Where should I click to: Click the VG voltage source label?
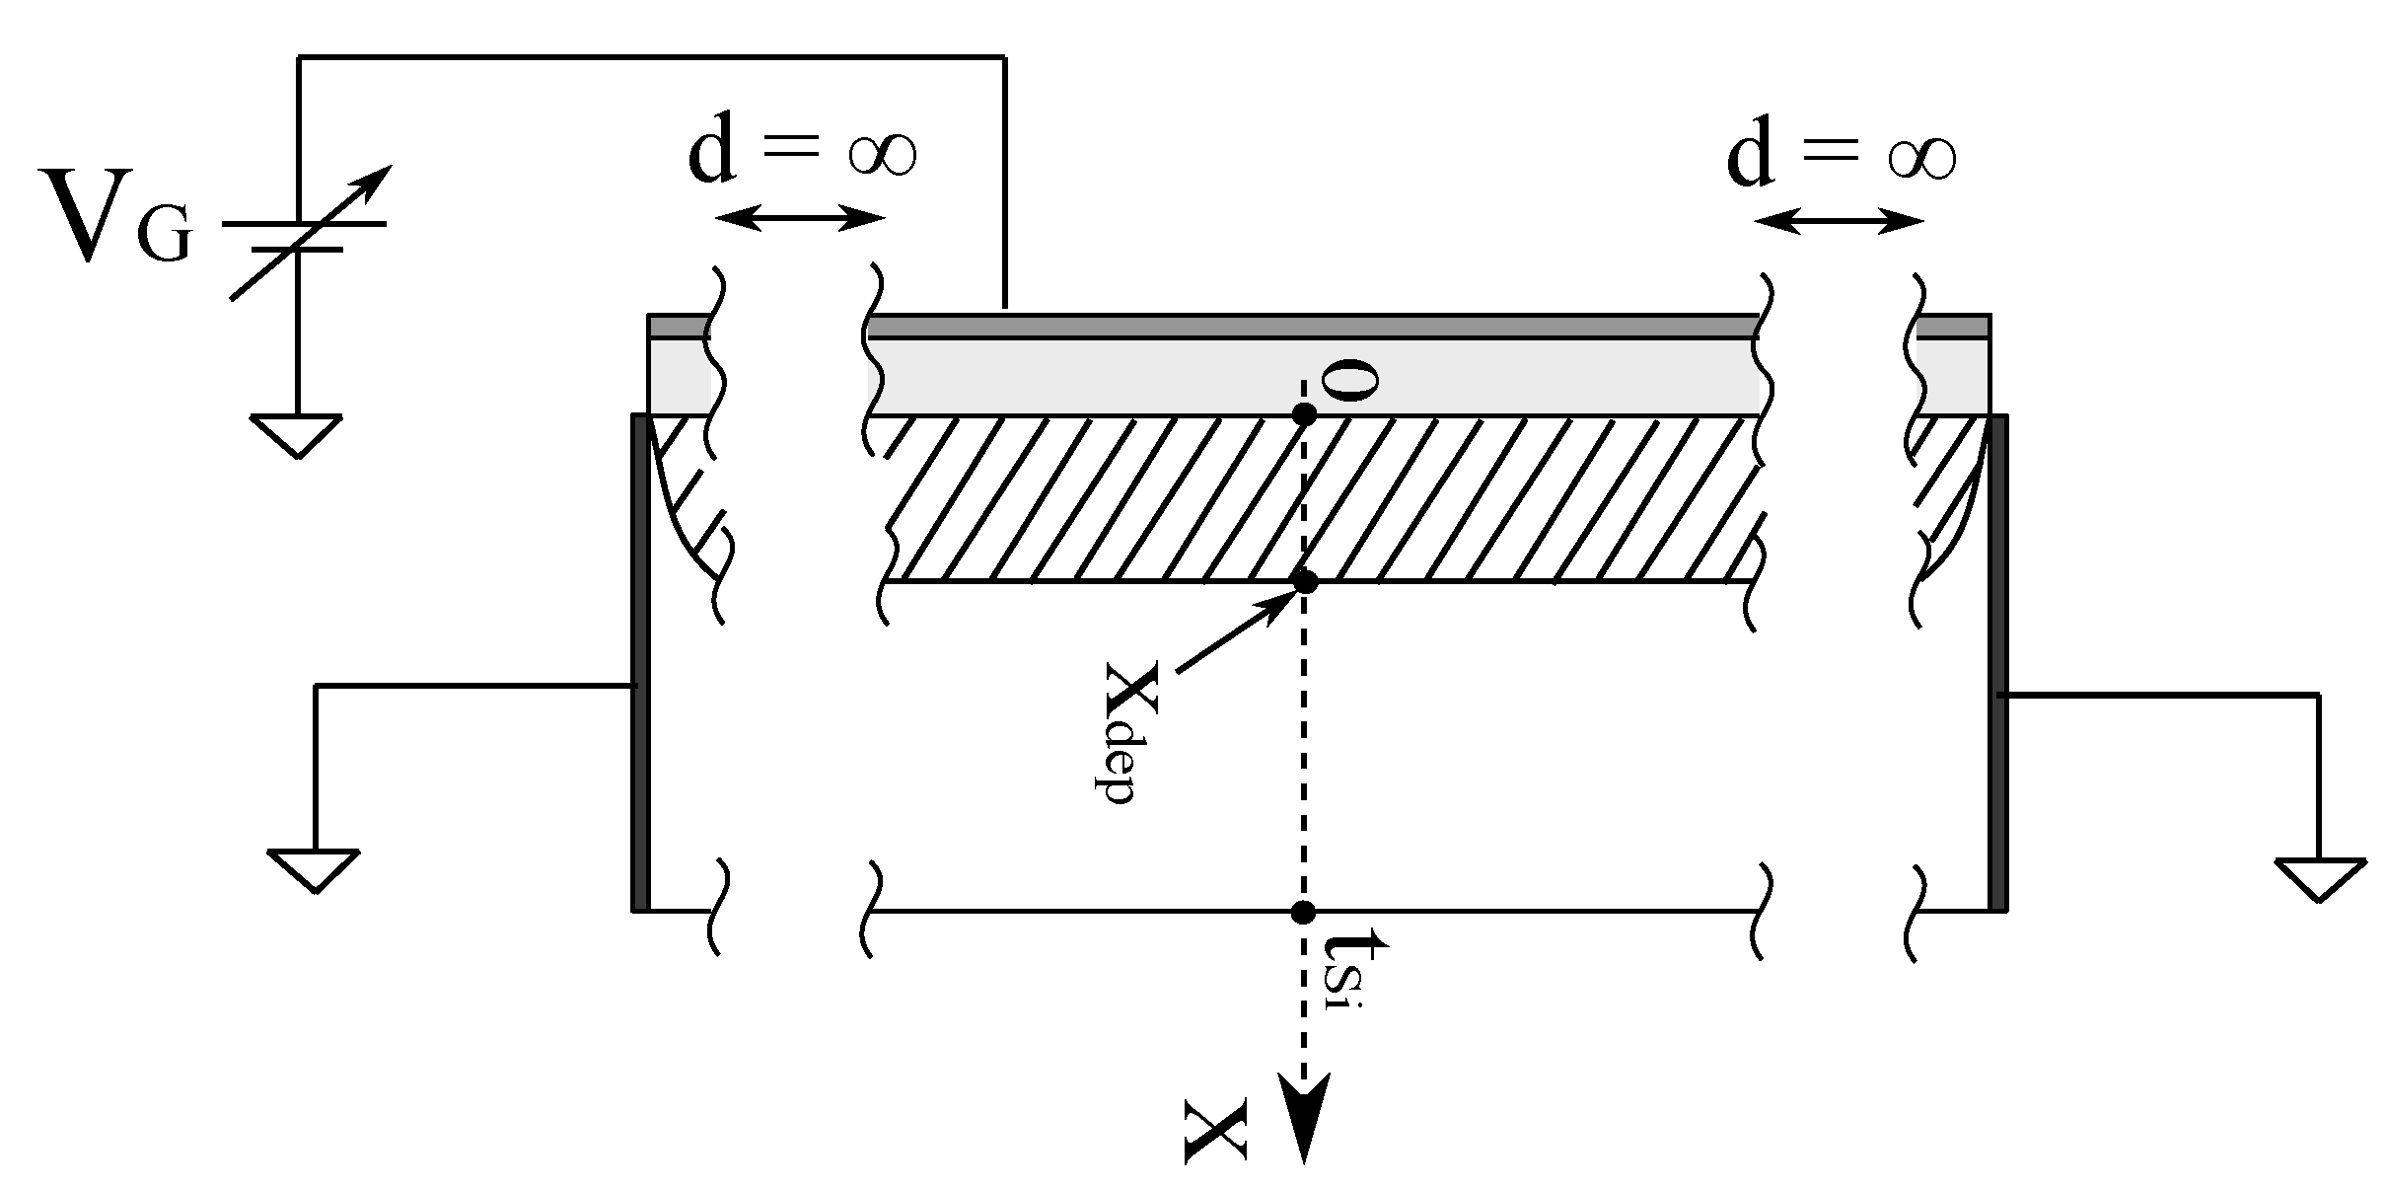pos(115,219)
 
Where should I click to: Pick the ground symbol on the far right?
pos(2320,879)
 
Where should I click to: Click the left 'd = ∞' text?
pos(802,153)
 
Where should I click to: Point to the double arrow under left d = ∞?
pos(798,218)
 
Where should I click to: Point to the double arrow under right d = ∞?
pos(1840,223)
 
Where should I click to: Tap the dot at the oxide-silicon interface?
pos(1304,414)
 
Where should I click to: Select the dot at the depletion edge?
pos(1305,581)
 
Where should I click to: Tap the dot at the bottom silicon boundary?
pos(1303,911)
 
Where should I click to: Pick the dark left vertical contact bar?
pos(640,661)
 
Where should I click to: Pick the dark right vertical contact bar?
pos(1998,661)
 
